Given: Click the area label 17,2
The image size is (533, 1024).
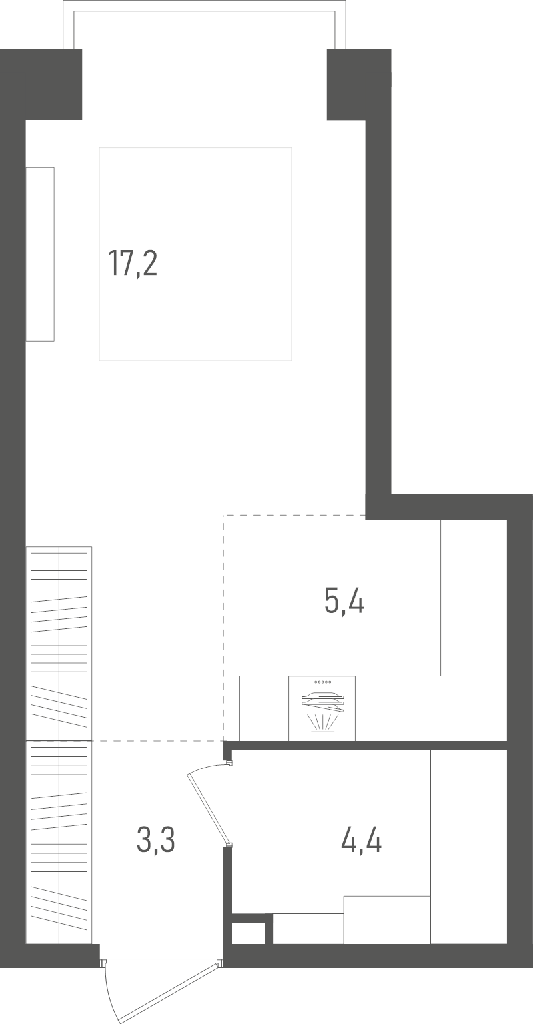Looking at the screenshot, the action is [133, 264].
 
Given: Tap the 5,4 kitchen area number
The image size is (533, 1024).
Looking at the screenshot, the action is [344, 601].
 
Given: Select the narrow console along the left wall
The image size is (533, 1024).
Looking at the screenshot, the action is [40, 255].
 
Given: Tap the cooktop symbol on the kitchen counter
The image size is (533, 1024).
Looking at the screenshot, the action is [322, 708].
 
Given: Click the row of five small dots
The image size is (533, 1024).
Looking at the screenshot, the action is [322, 682].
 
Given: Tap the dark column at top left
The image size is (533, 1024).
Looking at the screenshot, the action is [41, 84].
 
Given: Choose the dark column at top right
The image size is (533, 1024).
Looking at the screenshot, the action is [359, 84].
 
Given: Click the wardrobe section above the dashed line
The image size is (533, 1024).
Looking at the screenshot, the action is [59, 643].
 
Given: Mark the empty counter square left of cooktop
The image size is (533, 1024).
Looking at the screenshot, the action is [265, 708].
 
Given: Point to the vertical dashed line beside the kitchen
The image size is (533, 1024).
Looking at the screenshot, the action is [223, 627].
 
